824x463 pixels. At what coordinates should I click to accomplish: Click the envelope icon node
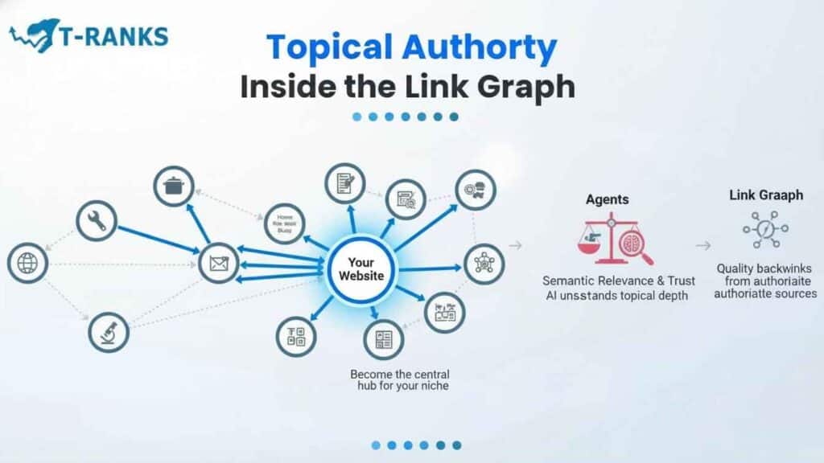[218, 263]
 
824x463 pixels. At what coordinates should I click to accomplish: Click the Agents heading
[608, 199]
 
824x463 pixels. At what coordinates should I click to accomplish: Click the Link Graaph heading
[765, 195]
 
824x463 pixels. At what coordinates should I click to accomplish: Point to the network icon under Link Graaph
[765, 231]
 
